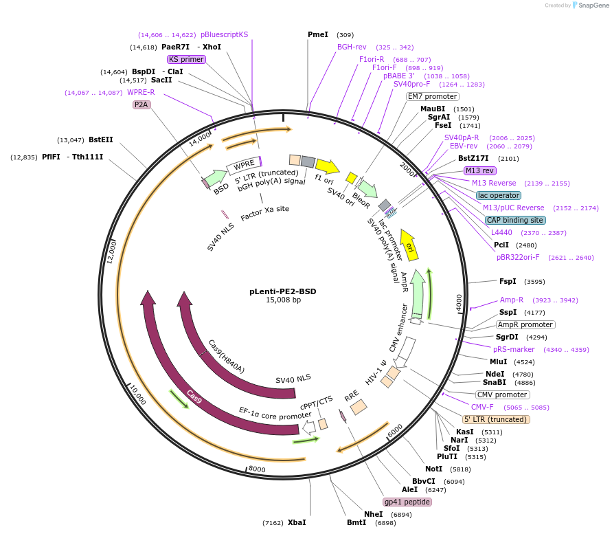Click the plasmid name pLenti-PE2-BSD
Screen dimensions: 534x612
pyautogui.click(x=282, y=291)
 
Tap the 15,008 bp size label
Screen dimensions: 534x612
pyautogui.click(x=283, y=300)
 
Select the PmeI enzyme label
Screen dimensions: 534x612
pyautogui.click(x=318, y=34)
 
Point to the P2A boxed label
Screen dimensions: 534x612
pyautogui.click(x=141, y=104)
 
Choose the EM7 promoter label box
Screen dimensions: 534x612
pyautogui.click(x=432, y=96)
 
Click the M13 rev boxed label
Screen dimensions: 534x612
pyautogui.click(x=479, y=170)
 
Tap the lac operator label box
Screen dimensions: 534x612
pyautogui.click(x=499, y=195)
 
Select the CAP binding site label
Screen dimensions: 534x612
pyautogui.click(x=515, y=220)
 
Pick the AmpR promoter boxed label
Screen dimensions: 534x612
pyautogui.click(x=525, y=324)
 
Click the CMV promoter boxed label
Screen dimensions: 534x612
pyautogui.click(x=503, y=394)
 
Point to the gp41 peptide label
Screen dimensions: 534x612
pyautogui.click(x=407, y=502)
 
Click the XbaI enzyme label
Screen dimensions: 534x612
pyautogui.click(x=297, y=522)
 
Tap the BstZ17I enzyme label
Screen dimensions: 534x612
pyautogui.click(x=474, y=158)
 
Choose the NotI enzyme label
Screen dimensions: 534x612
pyautogui.click(x=434, y=469)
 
